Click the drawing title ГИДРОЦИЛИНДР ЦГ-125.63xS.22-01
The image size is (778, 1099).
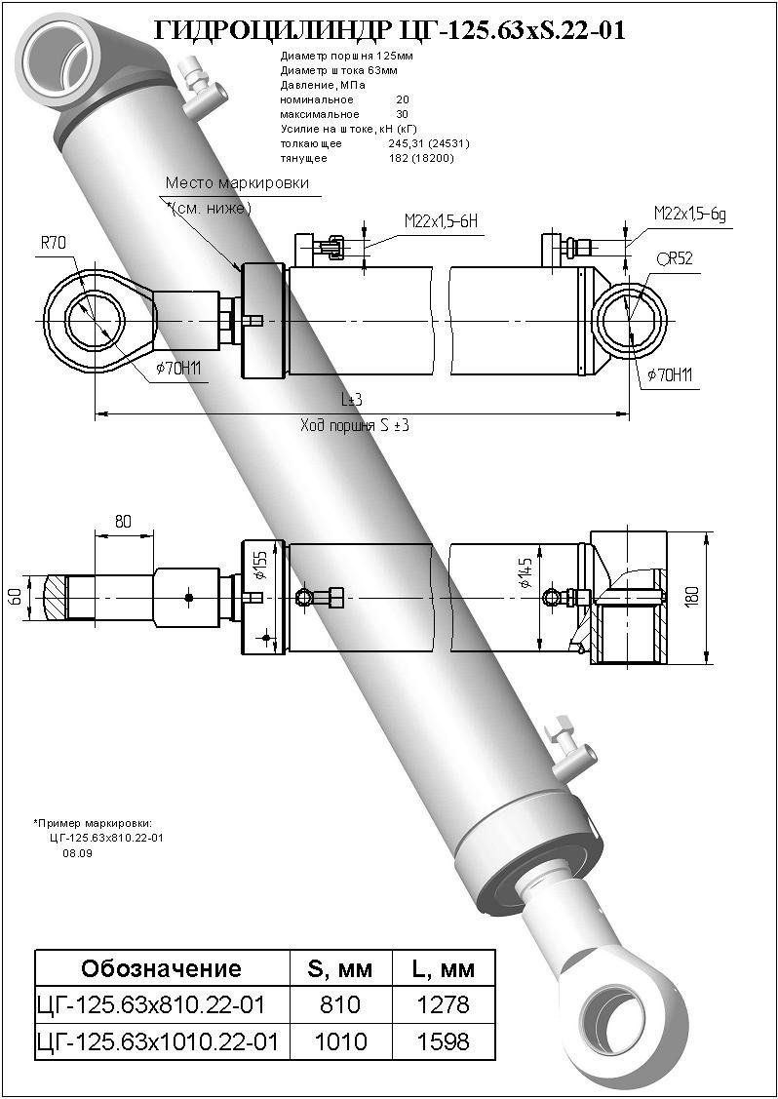[x=389, y=32]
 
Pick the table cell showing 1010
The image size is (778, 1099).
[x=340, y=1041]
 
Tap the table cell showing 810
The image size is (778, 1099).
[x=340, y=1004]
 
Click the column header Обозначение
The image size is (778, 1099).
[x=161, y=968]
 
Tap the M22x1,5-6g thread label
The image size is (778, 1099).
[x=691, y=214]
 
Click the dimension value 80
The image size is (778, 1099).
[x=123, y=522]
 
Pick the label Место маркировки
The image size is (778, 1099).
[x=237, y=182]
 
